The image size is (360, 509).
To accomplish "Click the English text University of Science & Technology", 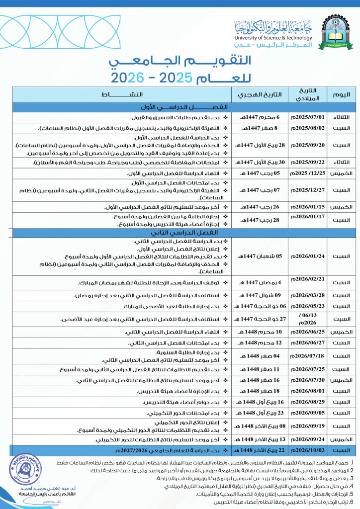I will point(275,38).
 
